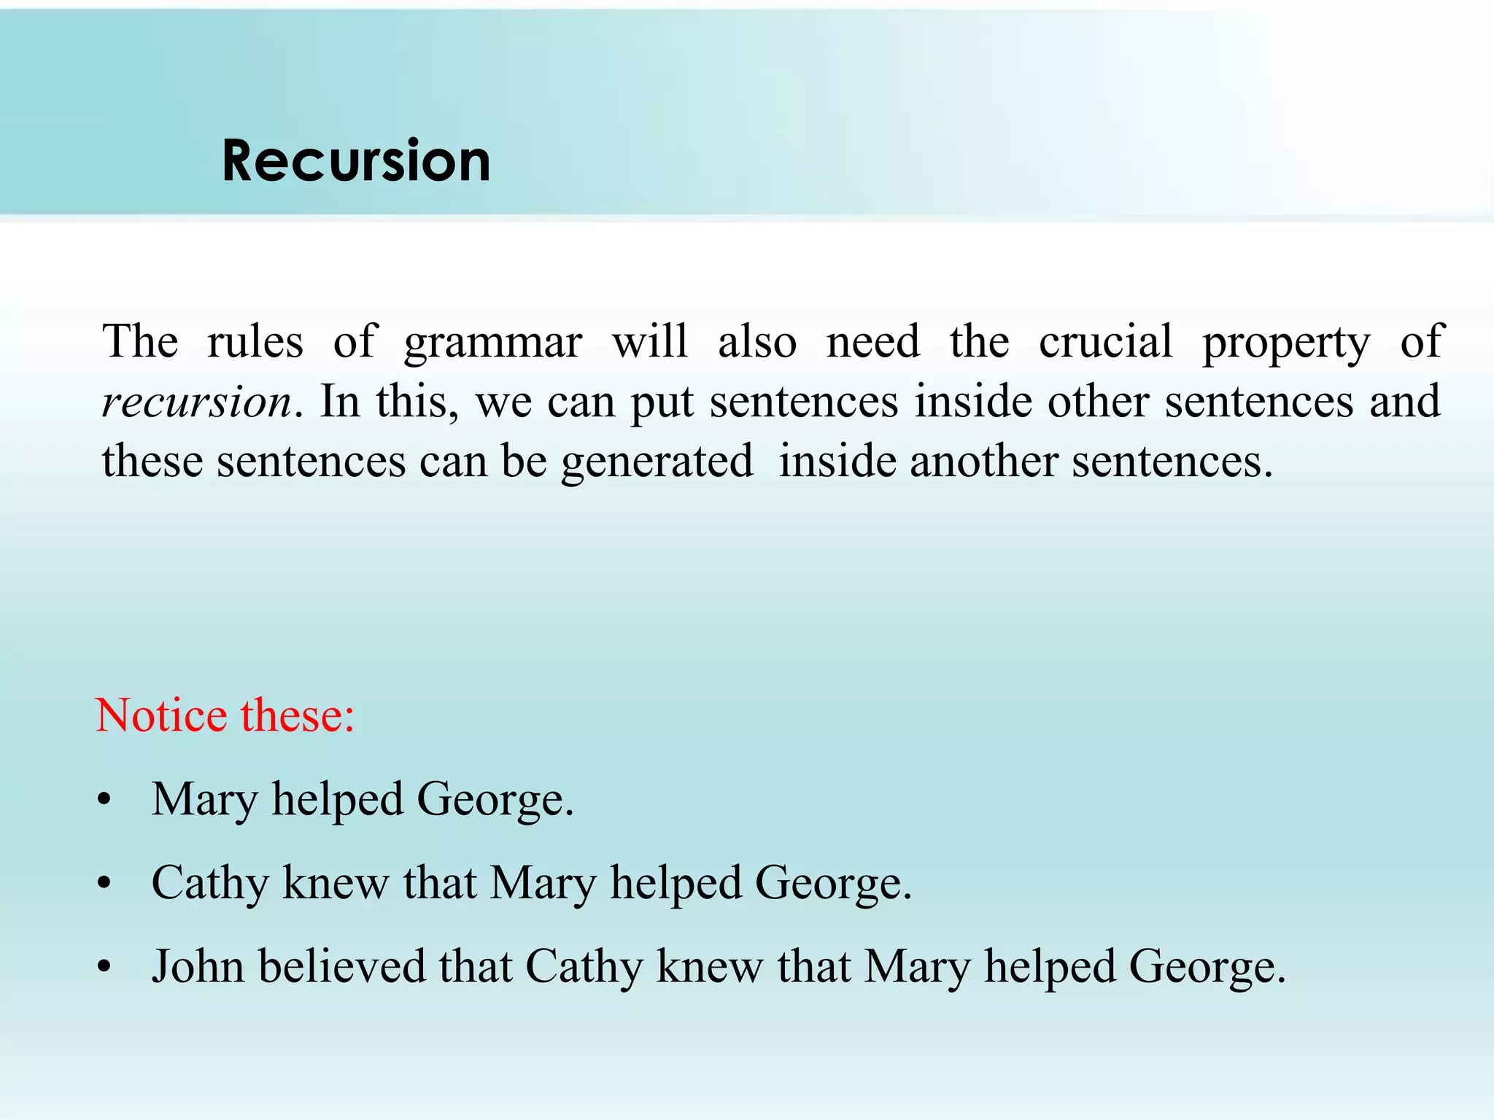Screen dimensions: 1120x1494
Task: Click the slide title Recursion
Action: point(356,160)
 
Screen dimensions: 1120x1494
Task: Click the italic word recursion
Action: point(197,402)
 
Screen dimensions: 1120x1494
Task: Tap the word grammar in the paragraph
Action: point(493,343)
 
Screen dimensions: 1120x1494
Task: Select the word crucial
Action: point(1105,341)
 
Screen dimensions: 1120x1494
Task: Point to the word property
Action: point(1286,343)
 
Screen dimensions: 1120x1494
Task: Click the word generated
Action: point(657,462)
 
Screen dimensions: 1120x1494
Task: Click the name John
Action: point(198,967)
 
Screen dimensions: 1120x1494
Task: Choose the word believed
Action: point(342,967)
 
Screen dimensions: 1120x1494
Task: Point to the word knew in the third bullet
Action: point(709,967)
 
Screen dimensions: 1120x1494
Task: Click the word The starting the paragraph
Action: point(140,341)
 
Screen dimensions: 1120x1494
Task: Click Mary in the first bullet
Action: point(204,800)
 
